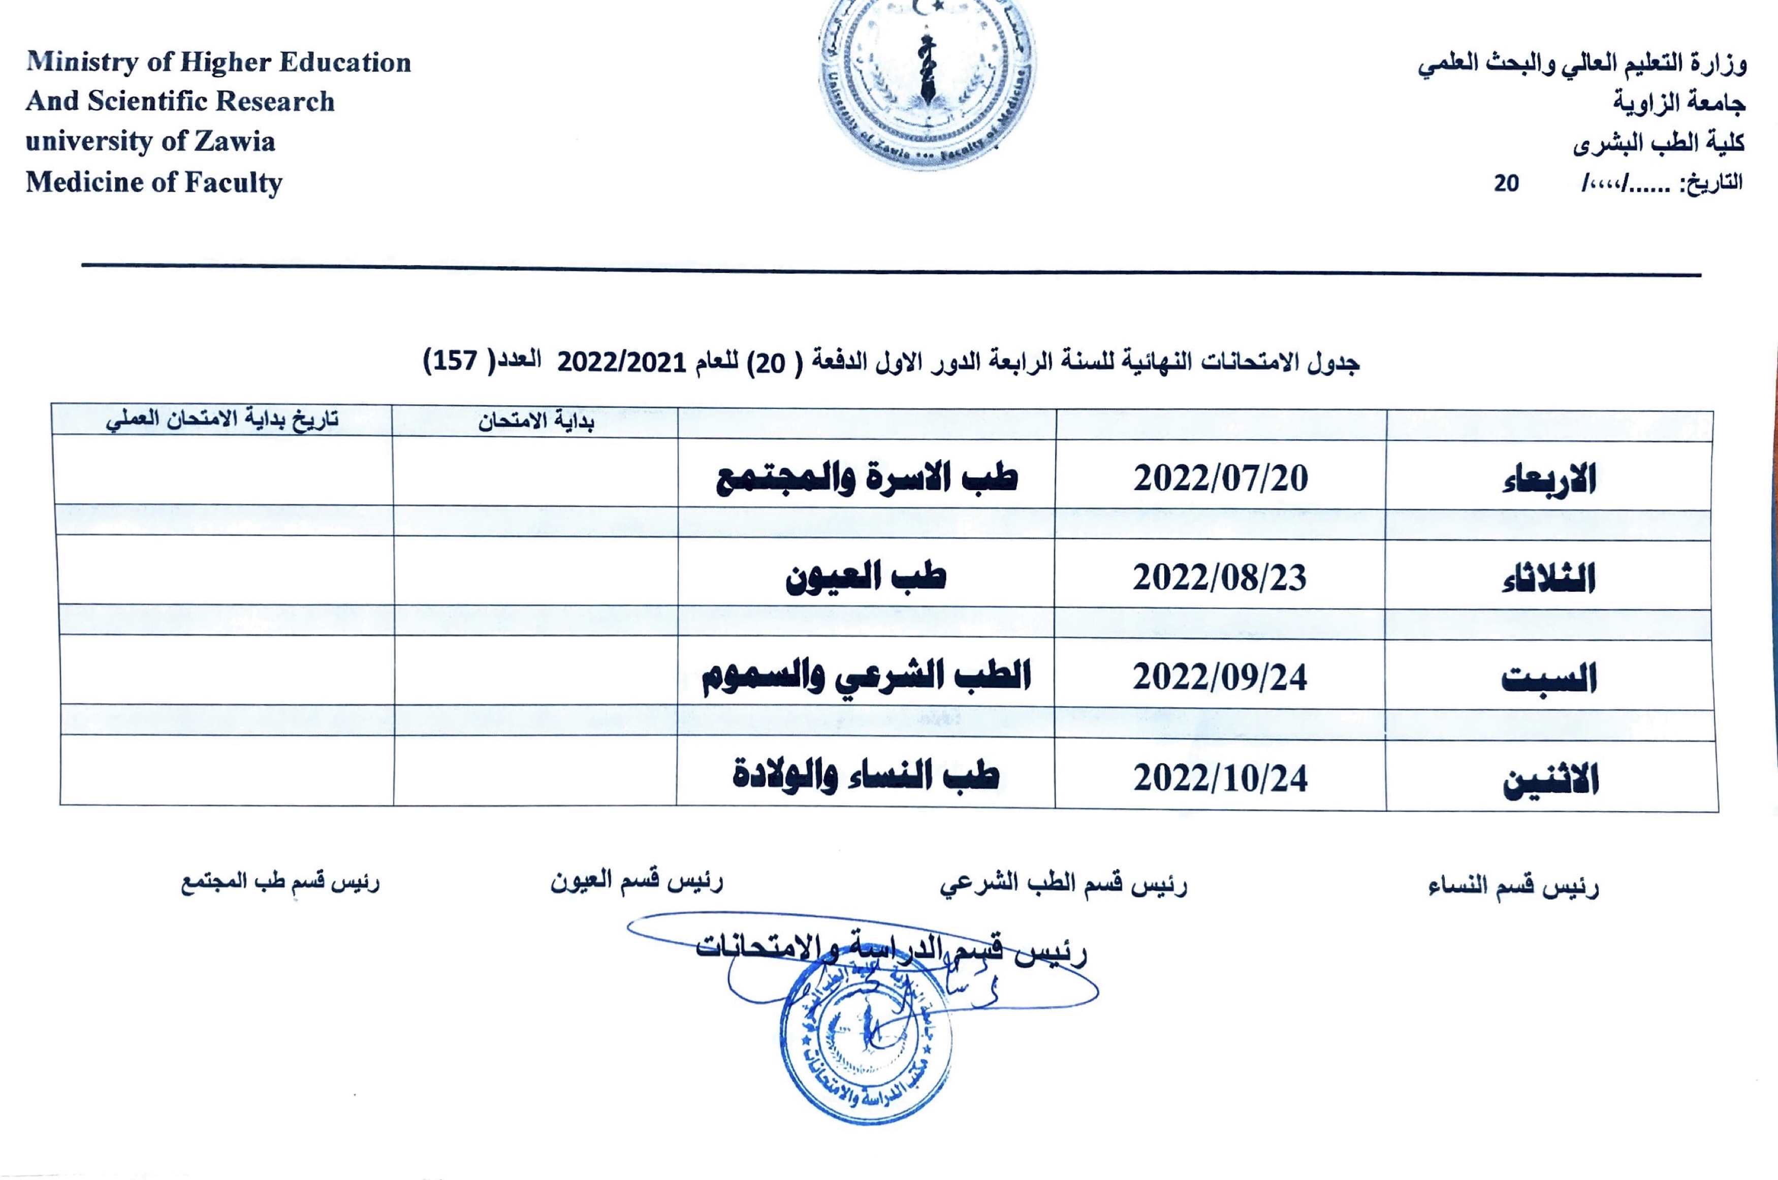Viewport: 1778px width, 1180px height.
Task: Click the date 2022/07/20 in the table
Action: coord(1220,479)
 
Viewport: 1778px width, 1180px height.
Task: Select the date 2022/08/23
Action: coord(1220,578)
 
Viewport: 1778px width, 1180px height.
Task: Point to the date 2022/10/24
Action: coord(1220,778)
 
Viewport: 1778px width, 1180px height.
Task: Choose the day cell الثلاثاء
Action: coord(1548,580)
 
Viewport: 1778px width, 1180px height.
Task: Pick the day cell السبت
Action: coord(1548,680)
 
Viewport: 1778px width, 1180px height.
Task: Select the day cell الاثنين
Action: coord(1550,780)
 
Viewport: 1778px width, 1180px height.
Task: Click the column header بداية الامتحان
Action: coord(536,422)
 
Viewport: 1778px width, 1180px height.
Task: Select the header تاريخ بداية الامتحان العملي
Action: coord(222,419)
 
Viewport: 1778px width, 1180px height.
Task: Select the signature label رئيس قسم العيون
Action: coord(637,881)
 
